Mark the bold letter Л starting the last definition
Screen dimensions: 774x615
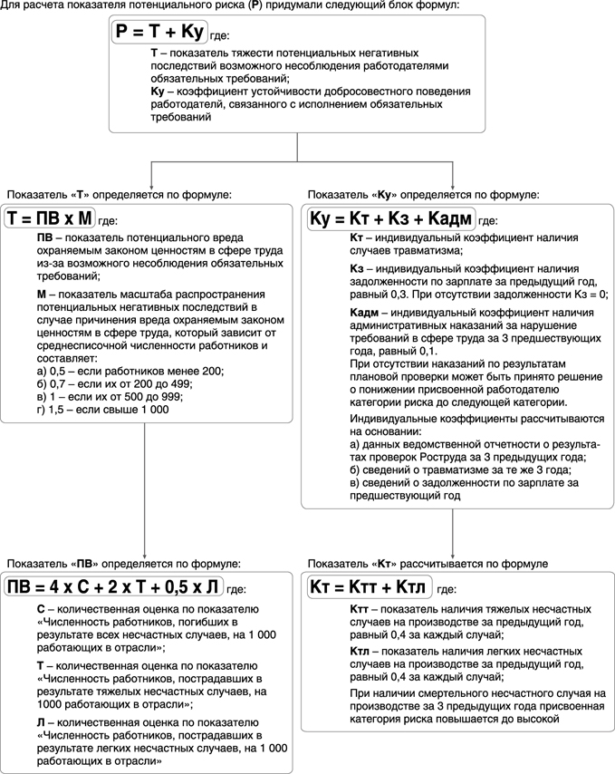[41, 722]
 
